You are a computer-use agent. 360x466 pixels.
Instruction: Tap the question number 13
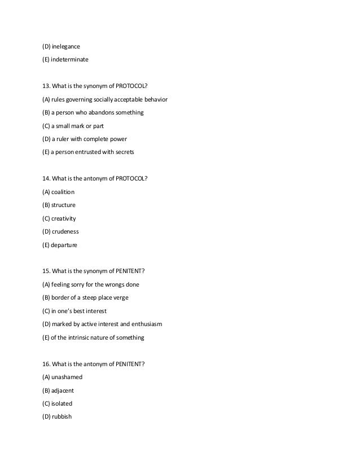[46, 86]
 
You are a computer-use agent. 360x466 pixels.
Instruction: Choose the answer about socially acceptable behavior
[104, 99]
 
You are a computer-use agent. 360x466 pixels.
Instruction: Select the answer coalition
[63, 192]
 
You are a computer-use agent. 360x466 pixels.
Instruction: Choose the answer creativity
[63, 218]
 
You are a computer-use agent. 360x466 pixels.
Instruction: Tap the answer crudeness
[64, 231]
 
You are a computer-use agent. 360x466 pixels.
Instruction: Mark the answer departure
[64, 245]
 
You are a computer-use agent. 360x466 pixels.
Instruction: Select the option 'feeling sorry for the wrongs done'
[90, 284]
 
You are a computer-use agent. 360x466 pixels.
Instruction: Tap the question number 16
[46, 364]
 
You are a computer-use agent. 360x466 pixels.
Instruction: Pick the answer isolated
[62, 404]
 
